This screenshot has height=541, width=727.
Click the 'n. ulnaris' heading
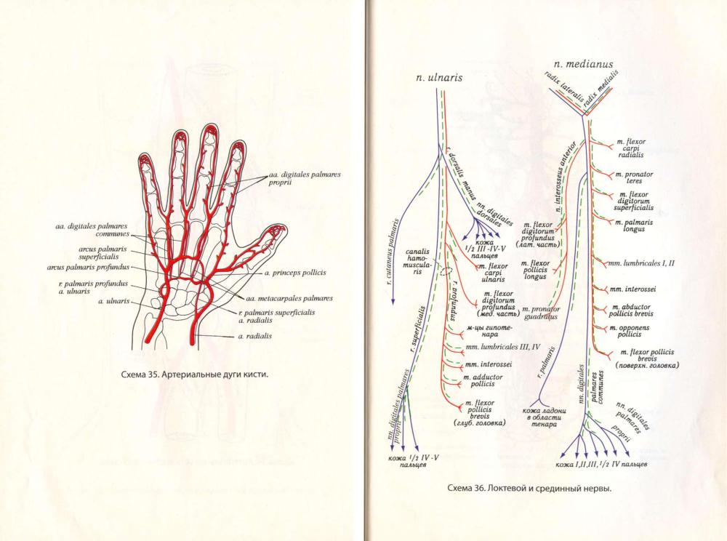[x=438, y=76]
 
